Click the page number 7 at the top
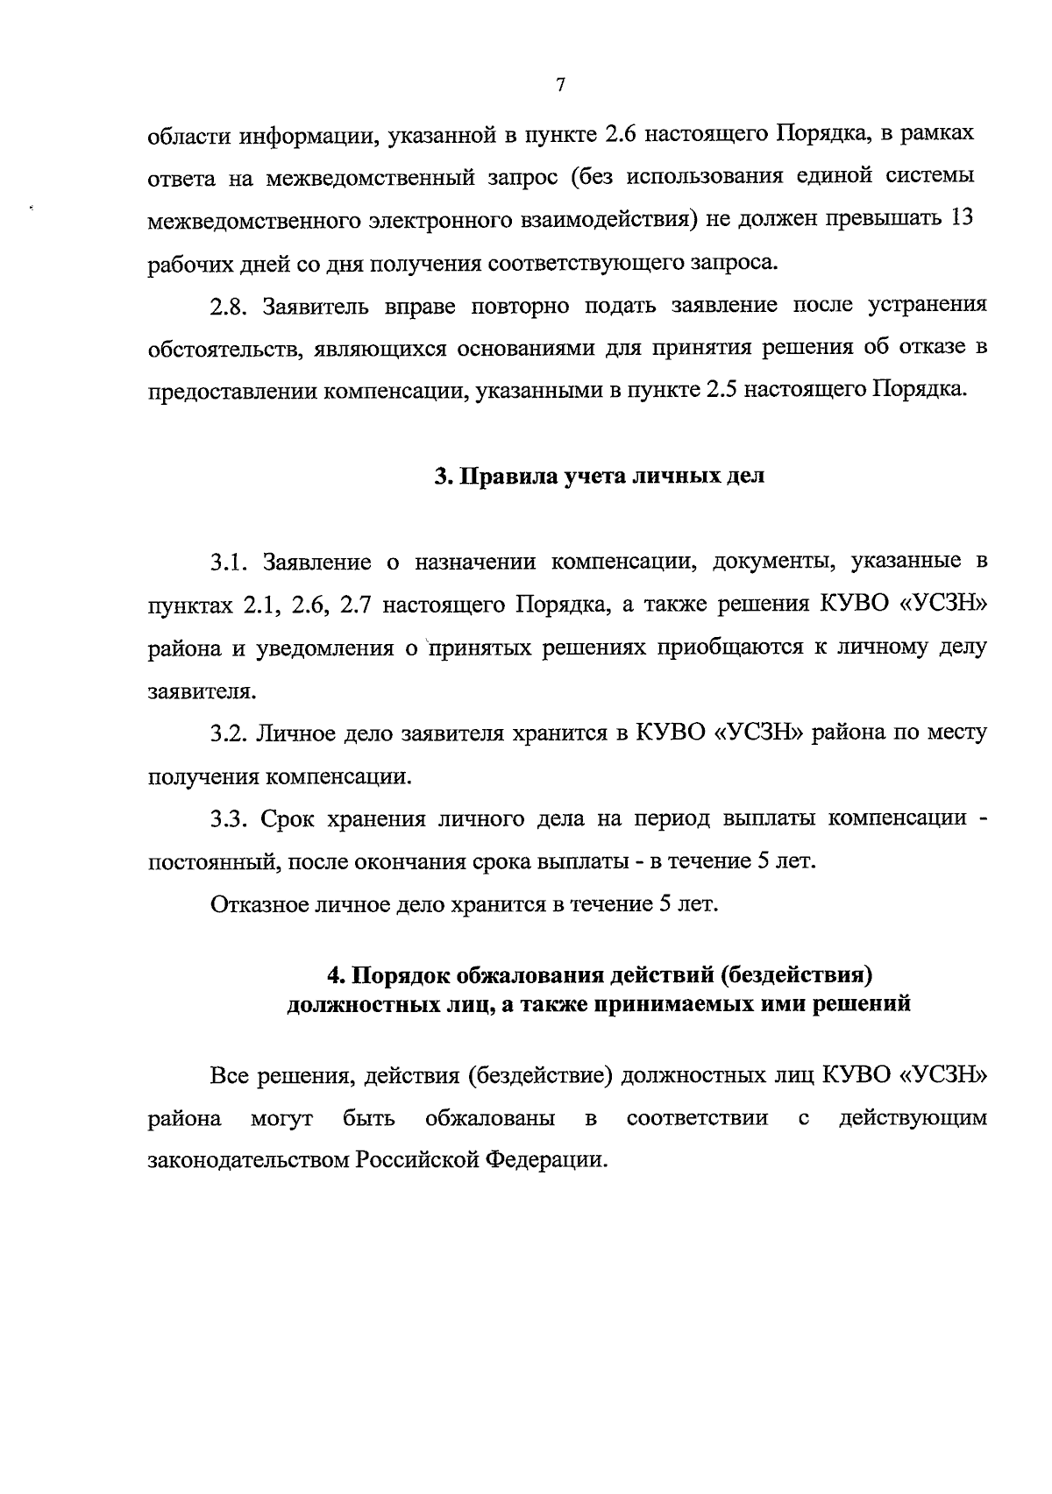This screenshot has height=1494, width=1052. [x=561, y=85]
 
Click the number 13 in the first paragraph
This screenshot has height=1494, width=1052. [x=962, y=218]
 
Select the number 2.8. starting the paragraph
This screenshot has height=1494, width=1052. [x=230, y=306]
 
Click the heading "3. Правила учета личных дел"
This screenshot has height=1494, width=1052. [x=600, y=477]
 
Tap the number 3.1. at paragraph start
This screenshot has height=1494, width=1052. [x=230, y=562]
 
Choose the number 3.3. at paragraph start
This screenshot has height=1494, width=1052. [x=230, y=819]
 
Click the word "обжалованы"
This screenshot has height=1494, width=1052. [x=489, y=1118]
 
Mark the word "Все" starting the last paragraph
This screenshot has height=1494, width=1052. [x=230, y=1075]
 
